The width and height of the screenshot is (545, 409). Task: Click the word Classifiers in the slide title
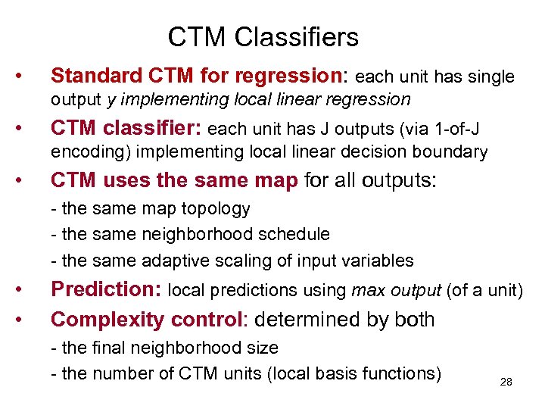tap(307, 36)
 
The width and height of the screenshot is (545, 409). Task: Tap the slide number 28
tap(506, 382)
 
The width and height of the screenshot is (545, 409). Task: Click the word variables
tap(378, 261)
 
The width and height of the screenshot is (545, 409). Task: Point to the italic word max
tap(369, 290)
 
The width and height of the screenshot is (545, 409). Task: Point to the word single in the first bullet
tap(487, 76)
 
